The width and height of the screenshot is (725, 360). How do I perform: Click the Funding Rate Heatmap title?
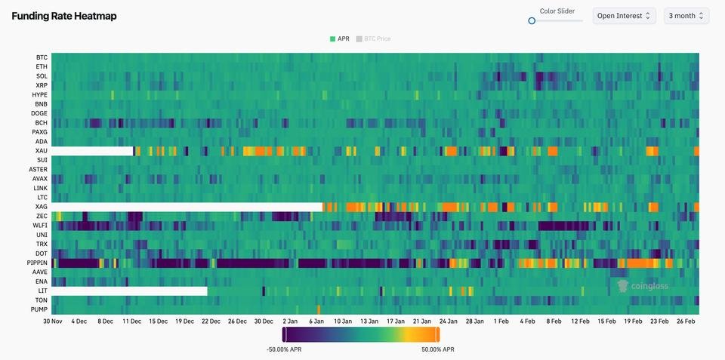pyautogui.click(x=64, y=16)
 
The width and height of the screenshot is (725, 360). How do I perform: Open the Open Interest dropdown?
pyautogui.click(x=624, y=16)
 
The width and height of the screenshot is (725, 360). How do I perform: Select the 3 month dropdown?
pyautogui.click(x=686, y=16)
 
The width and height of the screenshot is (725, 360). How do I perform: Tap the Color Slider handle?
pyautogui.click(x=532, y=21)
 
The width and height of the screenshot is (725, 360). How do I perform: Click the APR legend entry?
pyautogui.click(x=339, y=38)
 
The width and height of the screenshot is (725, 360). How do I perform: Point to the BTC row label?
pyautogui.click(x=42, y=57)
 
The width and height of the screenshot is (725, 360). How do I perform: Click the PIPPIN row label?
pyautogui.click(x=37, y=263)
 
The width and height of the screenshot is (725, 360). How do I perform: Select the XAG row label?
pyautogui.click(x=41, y=207)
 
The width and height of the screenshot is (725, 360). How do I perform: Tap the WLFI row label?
pyautogui.click(x=40, y=226)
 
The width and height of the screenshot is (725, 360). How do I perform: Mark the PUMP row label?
pyautogui.click(x=39, y=309)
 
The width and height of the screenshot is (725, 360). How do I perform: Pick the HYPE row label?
pyautogui.click(x=40, y=95)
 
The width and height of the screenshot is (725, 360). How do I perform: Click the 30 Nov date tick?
pyautogui.click(x=52, y=322)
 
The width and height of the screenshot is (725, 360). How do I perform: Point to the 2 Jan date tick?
pyautogui.click(x=290, y=322)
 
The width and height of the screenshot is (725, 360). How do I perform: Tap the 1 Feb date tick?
pyautogui.click(x=501, y=322)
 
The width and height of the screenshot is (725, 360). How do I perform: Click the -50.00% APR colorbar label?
pyautogui.click(x=285, y=349)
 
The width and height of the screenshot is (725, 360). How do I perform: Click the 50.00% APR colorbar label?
pyautogui.click(x=438, y=349)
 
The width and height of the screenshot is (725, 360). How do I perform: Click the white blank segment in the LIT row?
pyautogui.click(x=129, y=291)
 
